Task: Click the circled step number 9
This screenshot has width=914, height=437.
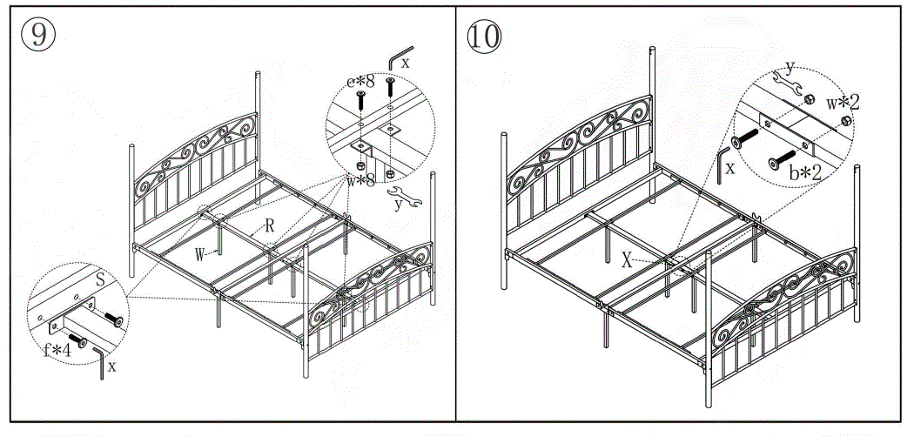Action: point(38,35)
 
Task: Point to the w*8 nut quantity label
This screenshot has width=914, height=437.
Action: point(360,180)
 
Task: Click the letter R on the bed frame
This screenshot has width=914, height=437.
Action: point(271,225)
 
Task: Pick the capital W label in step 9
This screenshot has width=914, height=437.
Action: point(199,255)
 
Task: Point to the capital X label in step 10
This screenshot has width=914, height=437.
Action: point(626,260)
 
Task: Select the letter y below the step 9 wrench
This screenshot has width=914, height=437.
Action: point(399,206)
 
